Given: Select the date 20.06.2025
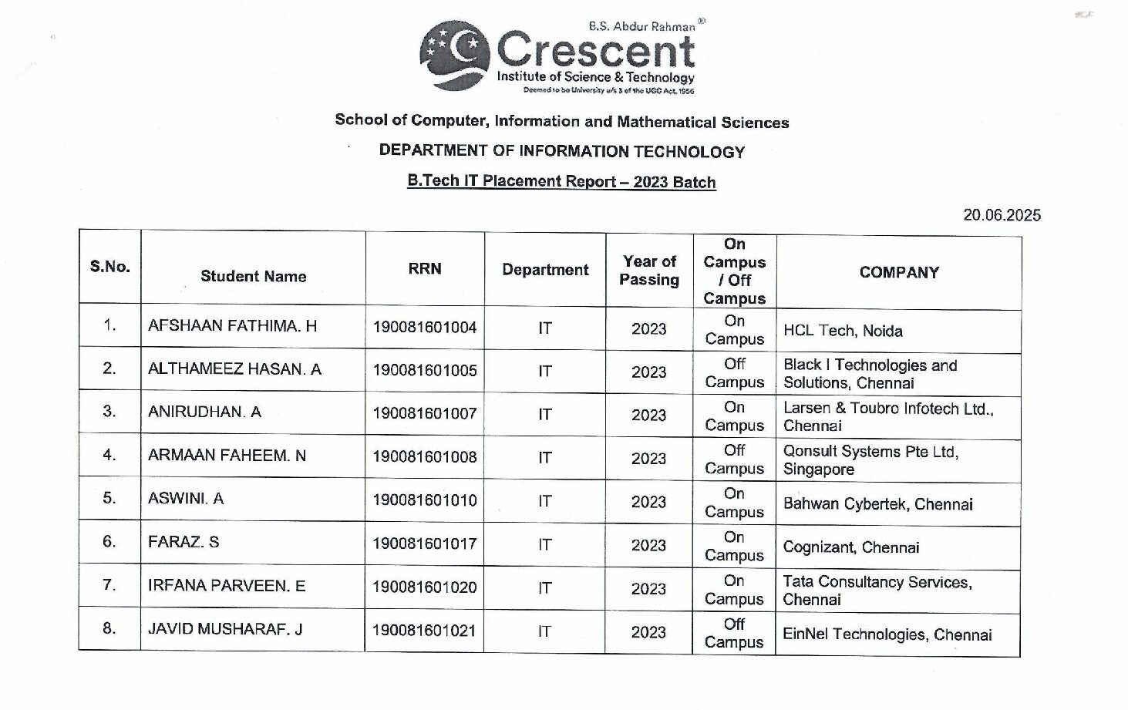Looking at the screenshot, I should tap(1001, 215).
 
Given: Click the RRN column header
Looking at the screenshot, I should tap(425, 268).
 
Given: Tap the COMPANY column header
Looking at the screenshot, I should tap(898, 272).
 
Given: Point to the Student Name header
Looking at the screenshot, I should tap(253, 276).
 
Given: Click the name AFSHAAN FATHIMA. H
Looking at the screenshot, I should tap(232, 326).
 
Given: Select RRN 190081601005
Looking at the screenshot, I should tap(425, 371).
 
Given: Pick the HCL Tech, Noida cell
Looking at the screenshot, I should tap(843, 331).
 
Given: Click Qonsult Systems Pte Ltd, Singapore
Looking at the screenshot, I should tap(870, 460).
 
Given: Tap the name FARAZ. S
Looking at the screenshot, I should tap(184, 542).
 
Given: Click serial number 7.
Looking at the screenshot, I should tap(109, 585).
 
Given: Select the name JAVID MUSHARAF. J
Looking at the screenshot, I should tap(225, 629).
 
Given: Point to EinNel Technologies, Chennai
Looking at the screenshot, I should tap(887, 634).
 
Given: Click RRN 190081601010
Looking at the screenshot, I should tap(425, 500).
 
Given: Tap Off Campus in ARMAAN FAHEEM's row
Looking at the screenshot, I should tap(734, 459).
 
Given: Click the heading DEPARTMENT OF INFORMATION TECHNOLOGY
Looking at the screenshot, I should tap(561, 151).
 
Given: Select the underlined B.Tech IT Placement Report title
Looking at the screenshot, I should tap(561, 182).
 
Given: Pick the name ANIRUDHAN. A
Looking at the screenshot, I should tap(204, 412).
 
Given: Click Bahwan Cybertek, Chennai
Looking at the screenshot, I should tap(877, 504).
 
